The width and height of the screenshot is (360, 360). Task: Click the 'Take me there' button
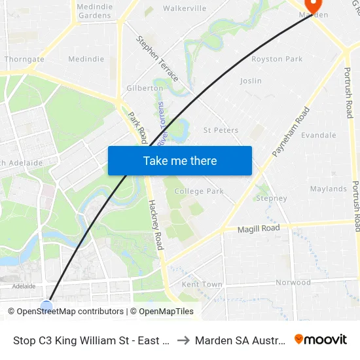180,161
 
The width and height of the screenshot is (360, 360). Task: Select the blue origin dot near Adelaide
46,305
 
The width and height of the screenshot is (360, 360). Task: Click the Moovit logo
320,340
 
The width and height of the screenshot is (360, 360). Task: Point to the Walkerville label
185,9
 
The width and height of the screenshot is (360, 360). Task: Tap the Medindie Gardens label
94,10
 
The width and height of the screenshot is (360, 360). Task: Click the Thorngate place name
24,59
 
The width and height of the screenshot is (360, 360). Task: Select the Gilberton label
145,88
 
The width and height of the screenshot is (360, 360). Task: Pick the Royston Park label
277,59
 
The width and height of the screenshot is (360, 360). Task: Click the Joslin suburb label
251,81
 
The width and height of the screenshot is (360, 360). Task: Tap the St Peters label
221,130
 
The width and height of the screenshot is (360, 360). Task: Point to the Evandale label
318,135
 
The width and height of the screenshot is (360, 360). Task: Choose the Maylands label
328,189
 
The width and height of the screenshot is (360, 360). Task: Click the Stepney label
271,198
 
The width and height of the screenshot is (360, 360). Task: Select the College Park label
199,192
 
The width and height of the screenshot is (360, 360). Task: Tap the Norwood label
293,283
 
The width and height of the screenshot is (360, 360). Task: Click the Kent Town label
202,285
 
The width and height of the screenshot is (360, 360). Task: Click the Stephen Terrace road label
157,59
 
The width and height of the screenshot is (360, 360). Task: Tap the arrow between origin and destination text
183,340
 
